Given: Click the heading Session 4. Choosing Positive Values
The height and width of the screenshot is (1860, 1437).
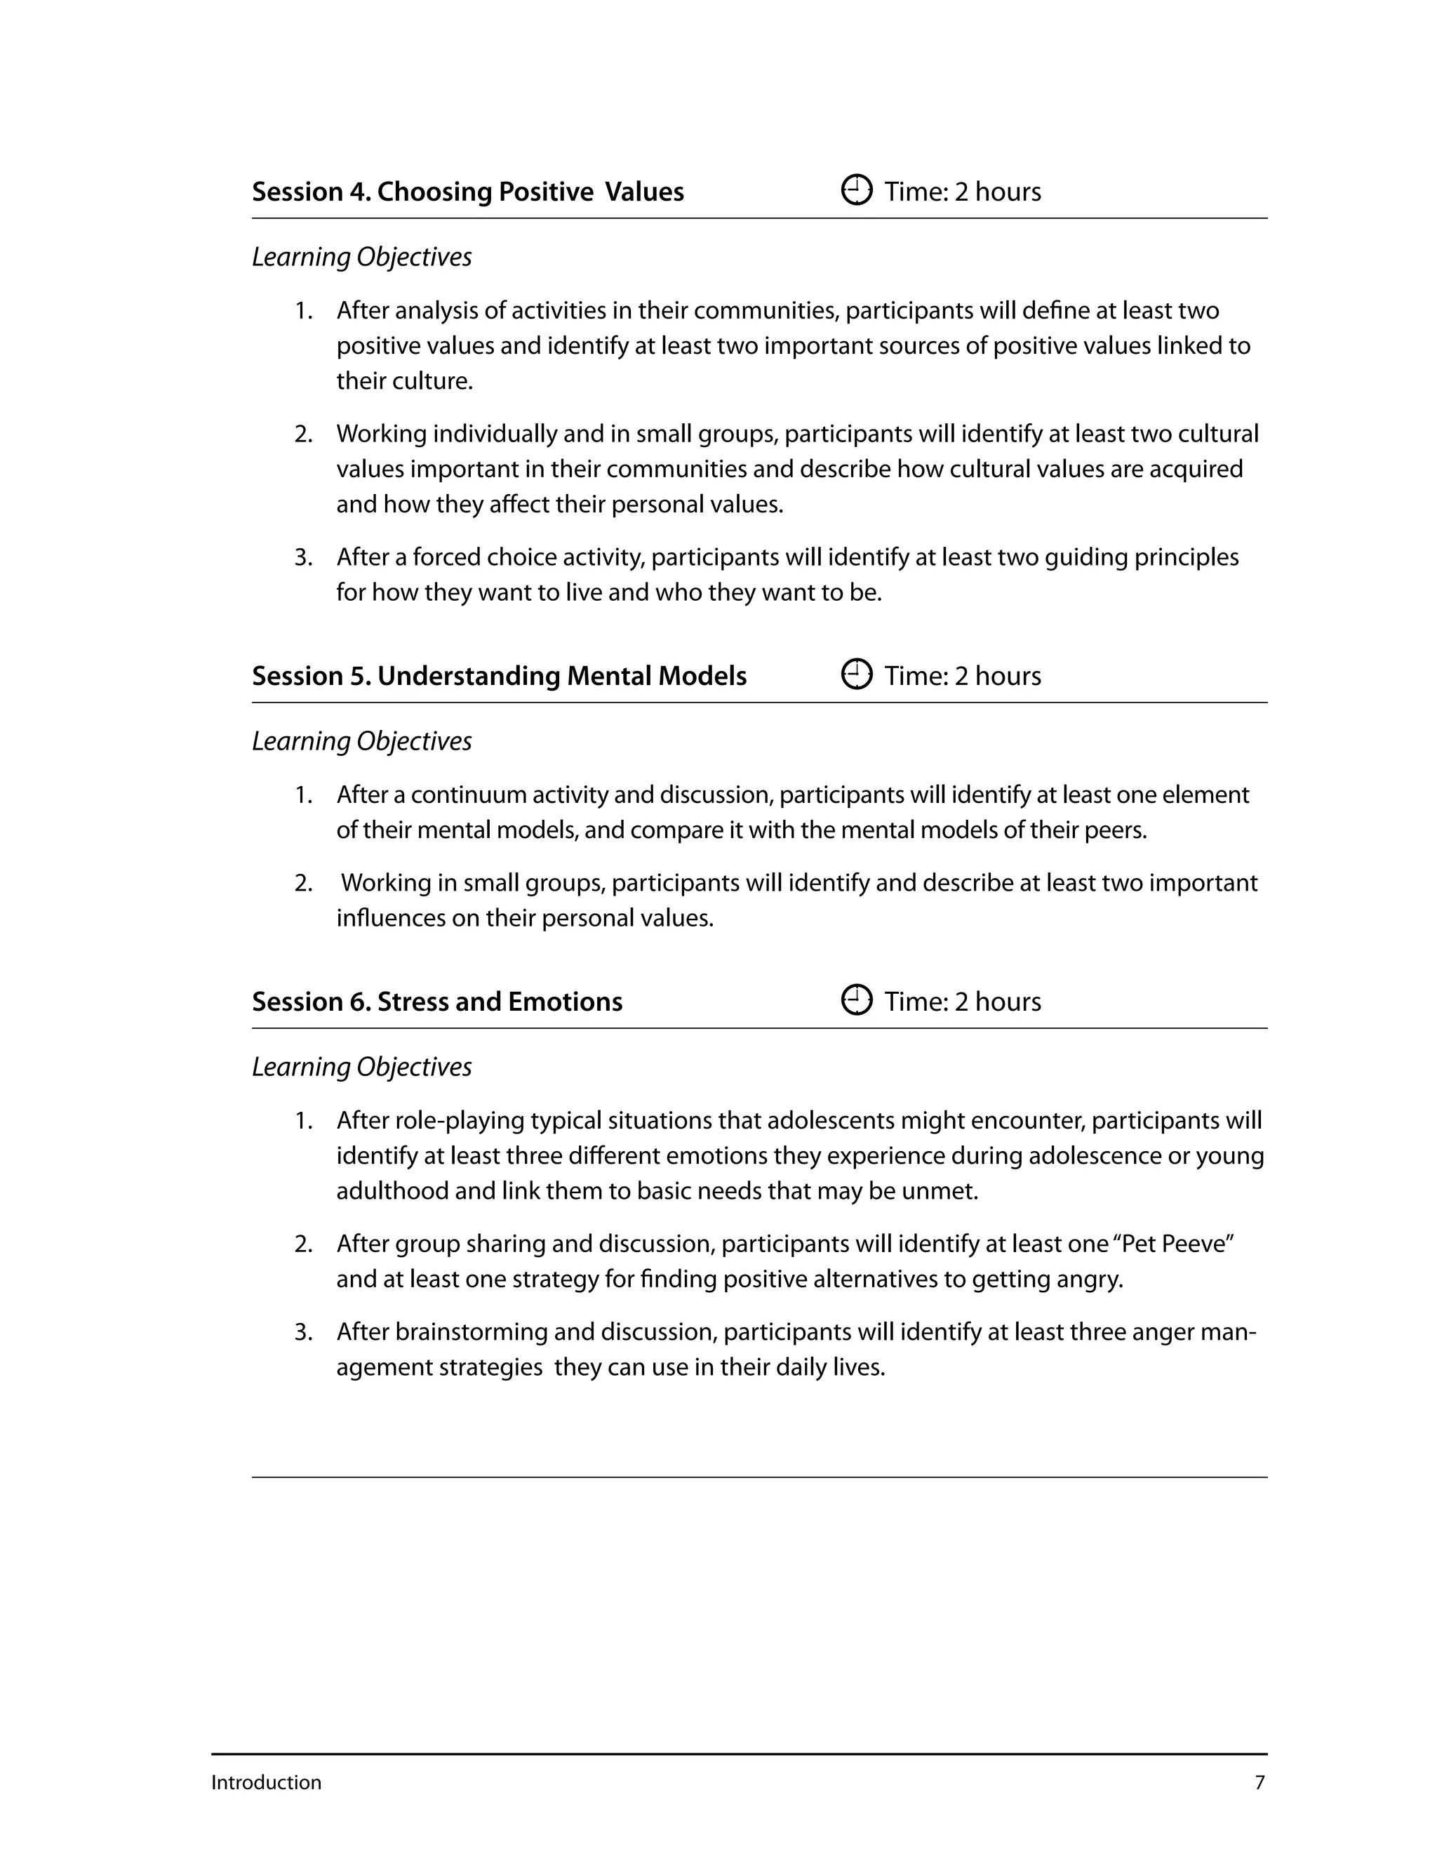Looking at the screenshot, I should click(x=467, y=192).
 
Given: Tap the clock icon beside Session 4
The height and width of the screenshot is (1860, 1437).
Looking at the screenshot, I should click(x=857, y=190).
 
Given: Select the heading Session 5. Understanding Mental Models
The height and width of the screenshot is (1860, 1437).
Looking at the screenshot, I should click(x=499, y=676).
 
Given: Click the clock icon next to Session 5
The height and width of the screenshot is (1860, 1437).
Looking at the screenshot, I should click(x=857, y=675).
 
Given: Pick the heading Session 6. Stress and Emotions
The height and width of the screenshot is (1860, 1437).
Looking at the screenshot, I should click(x=436, y=1002).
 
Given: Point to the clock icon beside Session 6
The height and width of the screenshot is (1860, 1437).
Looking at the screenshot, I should click(x=857, y=999).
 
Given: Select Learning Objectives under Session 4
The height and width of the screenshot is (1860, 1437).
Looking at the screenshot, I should click(x=362, y=257).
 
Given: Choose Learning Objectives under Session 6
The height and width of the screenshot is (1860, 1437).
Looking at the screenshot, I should click(x=362, y=1067).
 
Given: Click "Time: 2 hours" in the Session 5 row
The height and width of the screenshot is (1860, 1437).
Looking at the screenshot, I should click(x=962, y=676).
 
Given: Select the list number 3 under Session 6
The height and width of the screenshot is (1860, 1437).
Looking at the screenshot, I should click(x=303, y=1332).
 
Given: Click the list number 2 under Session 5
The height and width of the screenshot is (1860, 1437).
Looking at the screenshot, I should click(x=303, y=883).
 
